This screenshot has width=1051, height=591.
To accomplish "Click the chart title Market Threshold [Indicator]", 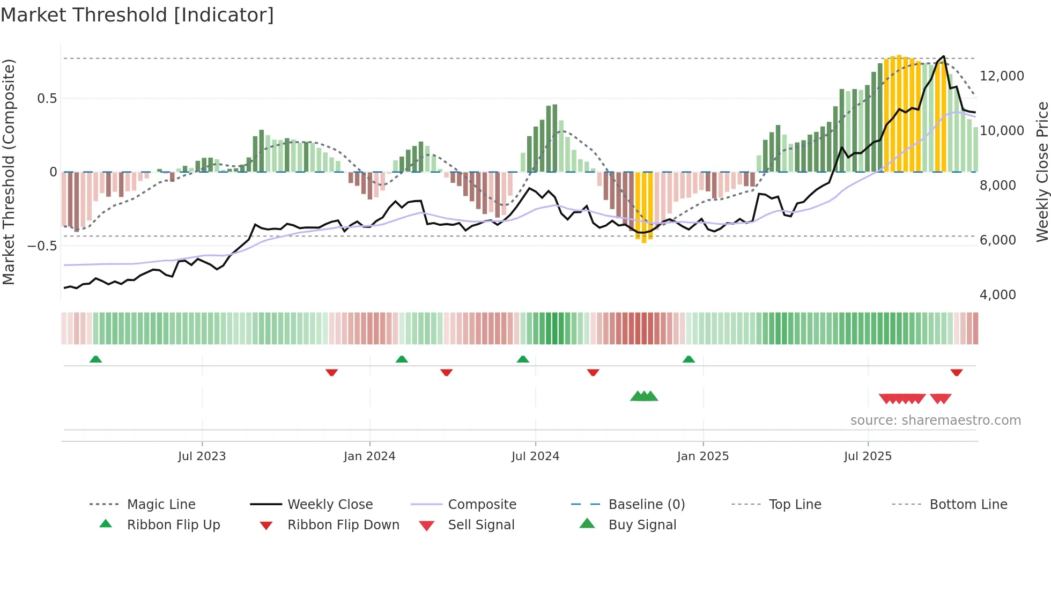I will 137,15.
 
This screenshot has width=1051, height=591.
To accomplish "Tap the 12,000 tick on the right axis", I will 1001,76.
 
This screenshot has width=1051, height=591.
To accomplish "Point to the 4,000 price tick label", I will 997,295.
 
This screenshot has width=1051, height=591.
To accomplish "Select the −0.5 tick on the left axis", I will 42,246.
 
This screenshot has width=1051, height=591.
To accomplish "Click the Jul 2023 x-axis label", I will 202,456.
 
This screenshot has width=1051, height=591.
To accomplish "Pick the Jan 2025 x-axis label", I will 702,456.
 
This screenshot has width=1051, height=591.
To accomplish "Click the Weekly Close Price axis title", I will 1042,172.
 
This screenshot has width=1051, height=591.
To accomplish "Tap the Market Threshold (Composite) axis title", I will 9,172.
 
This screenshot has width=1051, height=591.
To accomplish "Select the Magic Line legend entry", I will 161,505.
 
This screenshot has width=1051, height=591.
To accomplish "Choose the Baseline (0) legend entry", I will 646,505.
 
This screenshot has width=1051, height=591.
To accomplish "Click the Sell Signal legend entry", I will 481,525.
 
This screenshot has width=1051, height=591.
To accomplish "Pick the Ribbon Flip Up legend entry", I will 173,525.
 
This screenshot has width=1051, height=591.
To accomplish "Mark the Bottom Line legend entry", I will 968,505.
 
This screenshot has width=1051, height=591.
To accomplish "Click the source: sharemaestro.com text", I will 935,420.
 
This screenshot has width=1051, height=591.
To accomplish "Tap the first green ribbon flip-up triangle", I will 95,359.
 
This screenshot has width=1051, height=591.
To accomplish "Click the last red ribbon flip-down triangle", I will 956,372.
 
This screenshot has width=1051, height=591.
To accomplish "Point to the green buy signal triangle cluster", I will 644,396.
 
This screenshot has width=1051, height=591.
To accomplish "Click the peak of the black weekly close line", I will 943,56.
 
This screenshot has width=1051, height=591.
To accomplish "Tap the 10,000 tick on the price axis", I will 1001,131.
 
